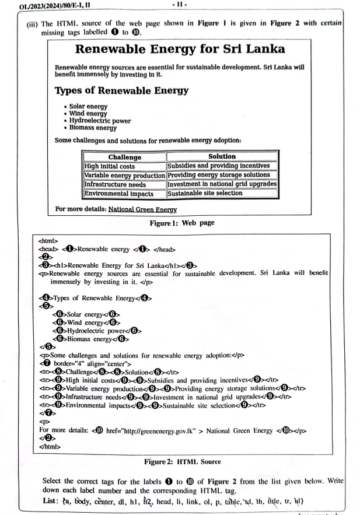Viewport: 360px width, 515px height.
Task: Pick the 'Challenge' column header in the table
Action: tap(125, 157)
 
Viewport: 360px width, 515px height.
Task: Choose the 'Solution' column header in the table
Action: tap(222, 156)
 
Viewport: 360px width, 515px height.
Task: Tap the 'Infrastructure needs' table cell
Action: tap(115, 184)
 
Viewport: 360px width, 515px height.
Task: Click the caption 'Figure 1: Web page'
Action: tap(181, 222)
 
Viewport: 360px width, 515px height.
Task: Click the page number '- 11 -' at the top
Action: tap(179, 6)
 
